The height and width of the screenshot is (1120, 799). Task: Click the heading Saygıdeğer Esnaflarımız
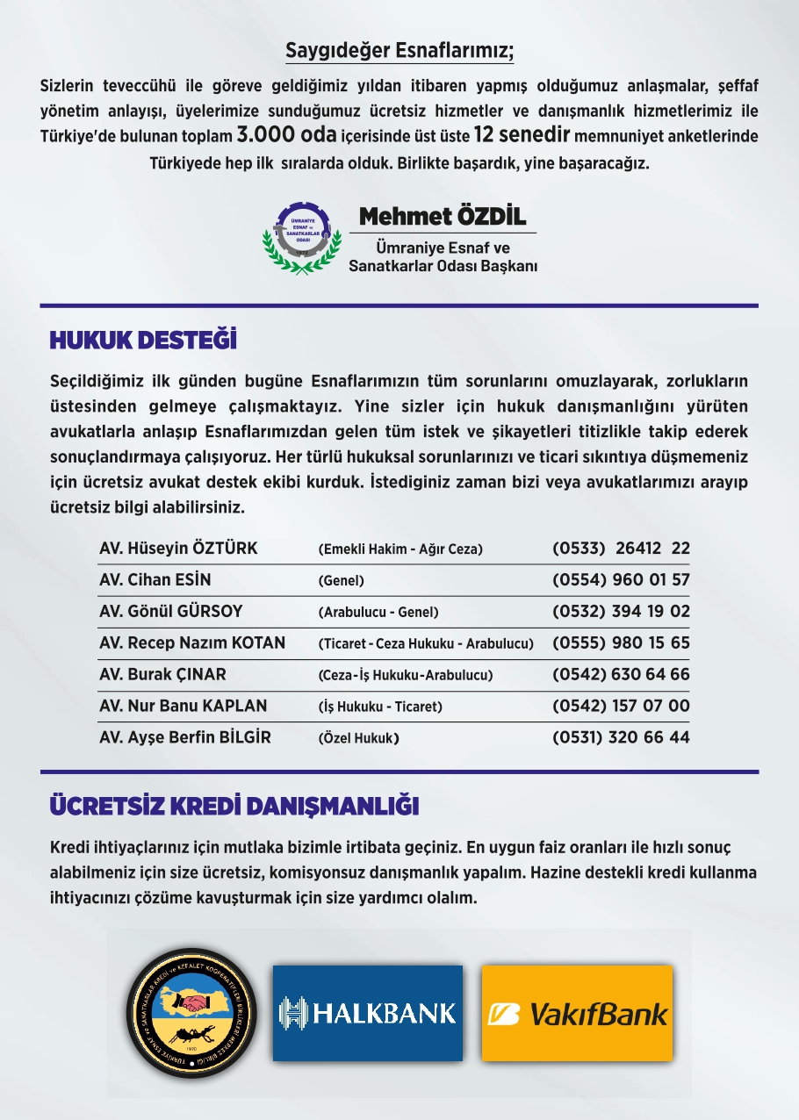click(x=399, y=51)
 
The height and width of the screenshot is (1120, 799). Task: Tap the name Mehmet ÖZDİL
click(x=443, y=216)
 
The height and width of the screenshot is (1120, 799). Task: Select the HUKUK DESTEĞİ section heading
click(x=143, y=341)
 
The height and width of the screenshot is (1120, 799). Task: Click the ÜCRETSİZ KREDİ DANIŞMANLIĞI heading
click(x=234, y=806)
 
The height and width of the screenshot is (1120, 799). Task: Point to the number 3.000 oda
click(x=287, y=136)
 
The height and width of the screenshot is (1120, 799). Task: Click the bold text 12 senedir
click(x=522, y=136)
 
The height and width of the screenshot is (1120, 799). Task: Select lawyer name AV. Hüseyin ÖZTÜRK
click(x=178, y=549)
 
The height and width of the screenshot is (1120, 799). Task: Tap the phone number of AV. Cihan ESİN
click(x=621, y=580)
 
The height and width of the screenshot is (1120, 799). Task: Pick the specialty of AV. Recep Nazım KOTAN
click(x=426, y=643)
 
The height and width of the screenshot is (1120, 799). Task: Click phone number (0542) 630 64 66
click(x=621, y=675)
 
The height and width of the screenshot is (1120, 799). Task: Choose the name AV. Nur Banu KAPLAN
click(x=183, y=707)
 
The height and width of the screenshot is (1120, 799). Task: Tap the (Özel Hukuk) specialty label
click(x=358, y=738)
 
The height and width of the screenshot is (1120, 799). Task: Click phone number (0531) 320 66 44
click(x=621, y=738)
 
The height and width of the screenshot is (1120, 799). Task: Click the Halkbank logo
click(x=367, y=1013)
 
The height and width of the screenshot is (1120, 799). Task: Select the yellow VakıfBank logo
click(x=577, y=1013)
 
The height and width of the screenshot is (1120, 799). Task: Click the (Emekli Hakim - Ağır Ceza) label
click(x=400, y=549)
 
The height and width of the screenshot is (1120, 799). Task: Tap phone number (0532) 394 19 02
click(x=621, y=612)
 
